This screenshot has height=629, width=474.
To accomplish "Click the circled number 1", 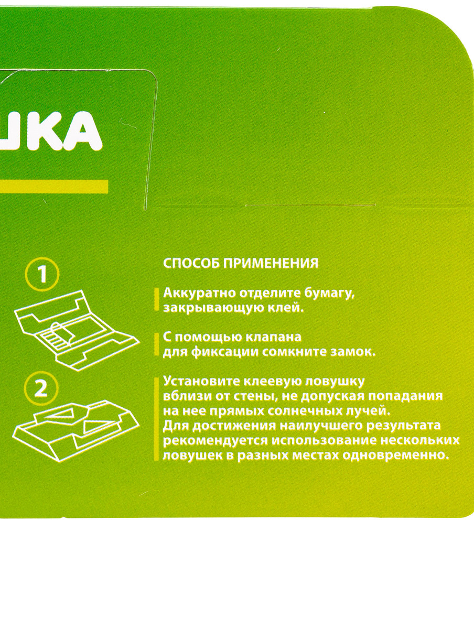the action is coord(42,274).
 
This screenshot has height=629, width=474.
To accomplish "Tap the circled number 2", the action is coord(41,390).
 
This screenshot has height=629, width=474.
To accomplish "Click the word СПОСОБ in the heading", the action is coord(191,263).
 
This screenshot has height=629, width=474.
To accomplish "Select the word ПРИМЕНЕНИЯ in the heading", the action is coord(271,263).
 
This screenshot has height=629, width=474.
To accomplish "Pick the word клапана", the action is coord(273,337).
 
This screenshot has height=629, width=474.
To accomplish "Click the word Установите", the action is coord(201,382).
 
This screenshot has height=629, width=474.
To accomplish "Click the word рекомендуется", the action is coord(216,441).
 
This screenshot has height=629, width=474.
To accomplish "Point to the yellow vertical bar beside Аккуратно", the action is coord(156,299).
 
